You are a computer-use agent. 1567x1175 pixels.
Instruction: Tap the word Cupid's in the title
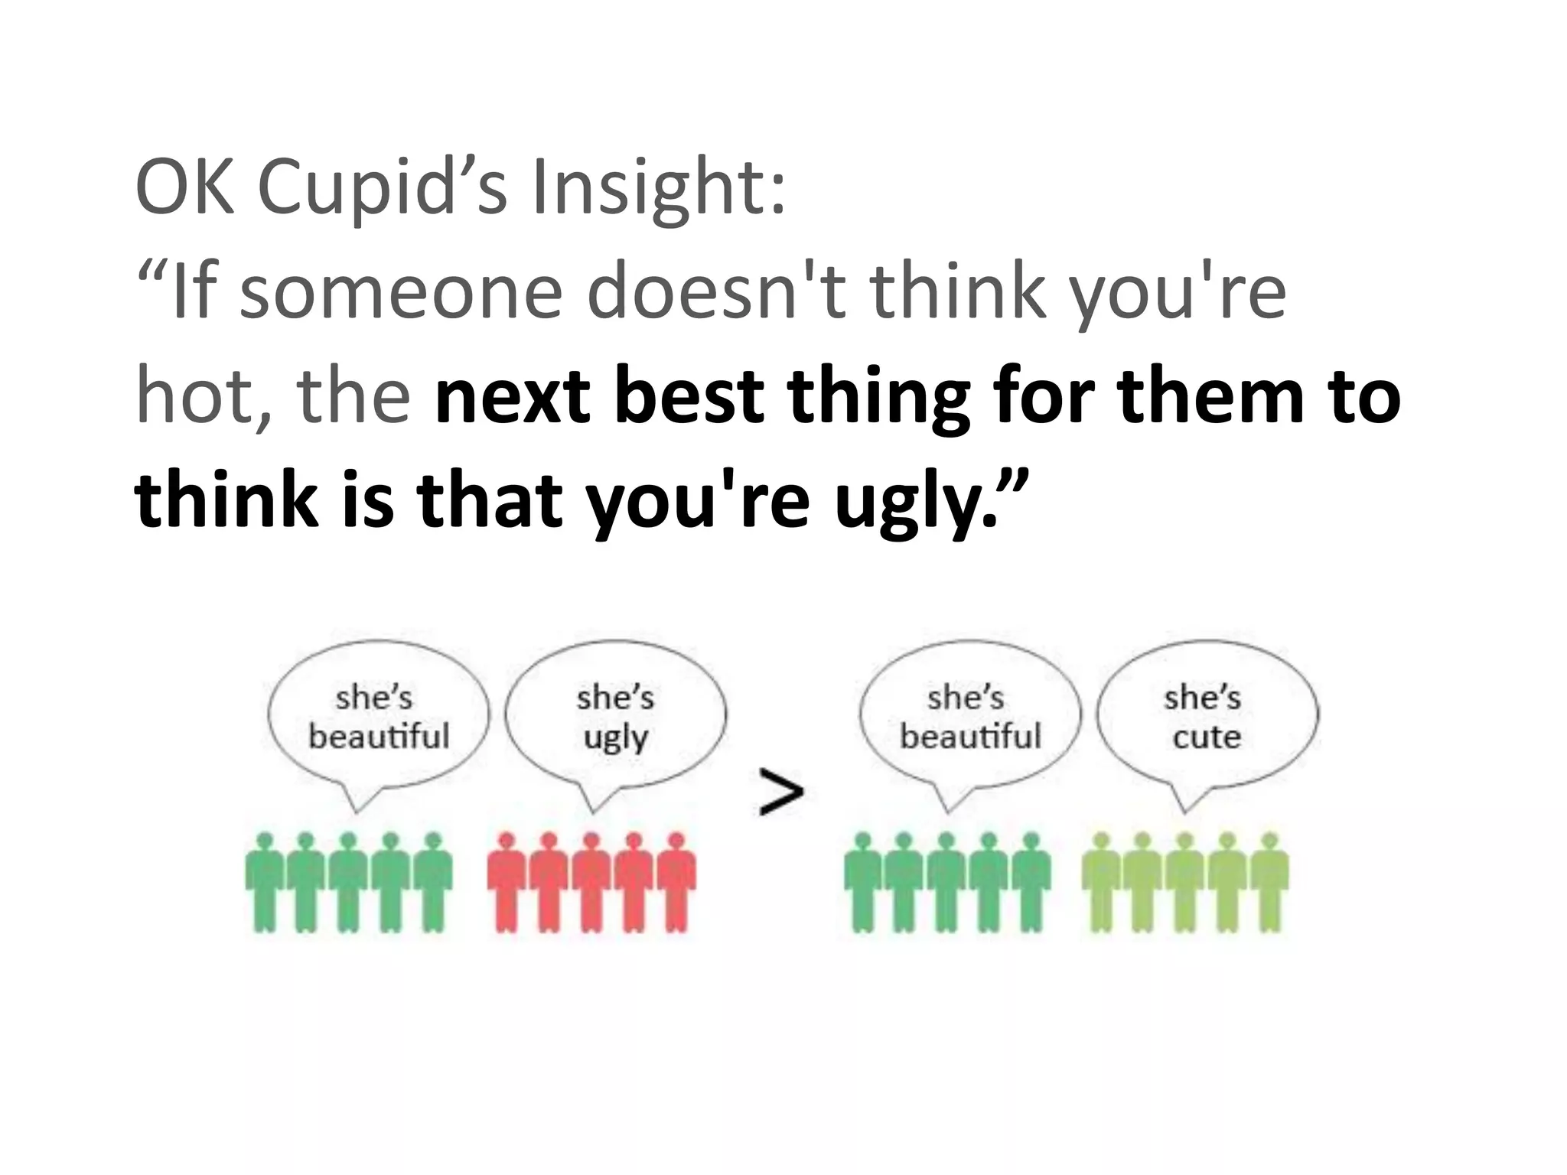(x=382, y=187)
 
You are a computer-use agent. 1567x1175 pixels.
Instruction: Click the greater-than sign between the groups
(x=781, y=793)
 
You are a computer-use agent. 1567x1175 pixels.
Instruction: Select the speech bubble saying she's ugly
(x=615, y=715)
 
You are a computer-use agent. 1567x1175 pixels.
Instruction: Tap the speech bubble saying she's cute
(x=1207, y=715)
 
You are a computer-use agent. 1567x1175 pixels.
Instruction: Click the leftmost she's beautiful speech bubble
(x=378, y=715)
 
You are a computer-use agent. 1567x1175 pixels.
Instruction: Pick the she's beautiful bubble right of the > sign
(x=970, y=715)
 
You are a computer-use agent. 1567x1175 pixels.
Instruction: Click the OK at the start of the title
(x=184, y=187)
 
